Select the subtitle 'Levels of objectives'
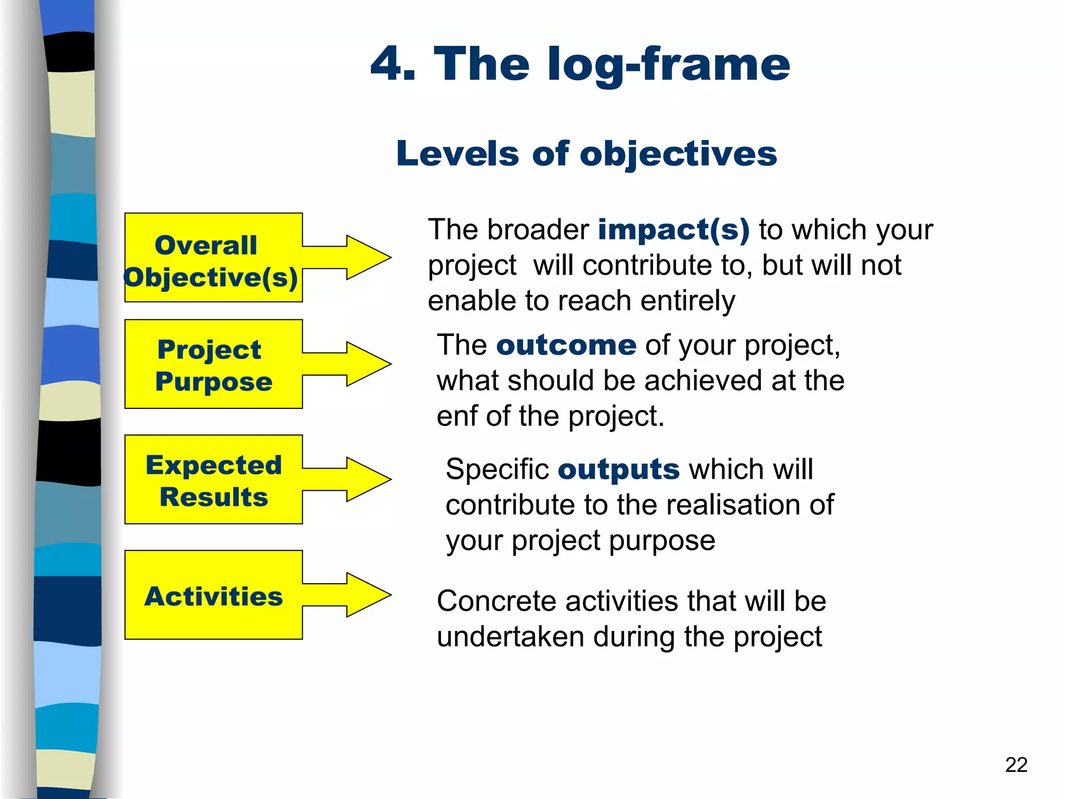coord(586,154)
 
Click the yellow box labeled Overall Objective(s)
coord(213,258)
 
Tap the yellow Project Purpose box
coord(213,364)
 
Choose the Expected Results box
coord(213,480)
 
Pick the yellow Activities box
coord(213,595)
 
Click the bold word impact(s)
coord(673,230)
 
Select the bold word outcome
coord(566,345)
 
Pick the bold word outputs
coord(618,470)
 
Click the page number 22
coord(1016,765)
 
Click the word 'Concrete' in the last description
coord(496,602)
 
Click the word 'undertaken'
coord(510,637)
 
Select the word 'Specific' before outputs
coord(497,470)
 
